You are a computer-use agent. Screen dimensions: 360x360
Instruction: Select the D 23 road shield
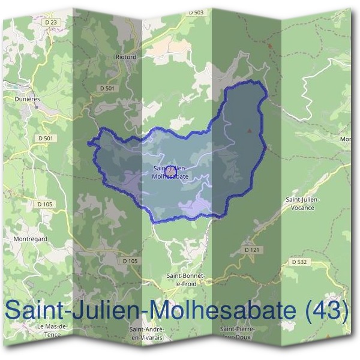coord(52,22)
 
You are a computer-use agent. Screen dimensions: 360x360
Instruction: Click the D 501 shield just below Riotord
coord(107,88)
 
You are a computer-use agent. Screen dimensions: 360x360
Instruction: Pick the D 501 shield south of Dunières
coord(45,138)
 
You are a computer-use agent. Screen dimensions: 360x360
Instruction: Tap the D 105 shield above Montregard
coord(45,204)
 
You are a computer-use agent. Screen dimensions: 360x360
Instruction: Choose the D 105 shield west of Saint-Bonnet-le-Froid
coord(130,260)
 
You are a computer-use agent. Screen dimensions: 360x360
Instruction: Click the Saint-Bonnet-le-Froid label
coord(187,279)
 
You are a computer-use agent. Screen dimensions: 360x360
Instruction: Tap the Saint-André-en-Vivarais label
coord(146,334)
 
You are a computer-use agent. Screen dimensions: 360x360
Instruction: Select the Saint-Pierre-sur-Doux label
coord(238,333)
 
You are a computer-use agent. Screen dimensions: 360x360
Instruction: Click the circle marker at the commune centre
coord(170,170)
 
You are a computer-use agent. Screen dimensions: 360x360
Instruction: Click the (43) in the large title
coord(326,310)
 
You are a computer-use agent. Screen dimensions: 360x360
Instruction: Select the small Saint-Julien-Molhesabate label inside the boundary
coord(171,173)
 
